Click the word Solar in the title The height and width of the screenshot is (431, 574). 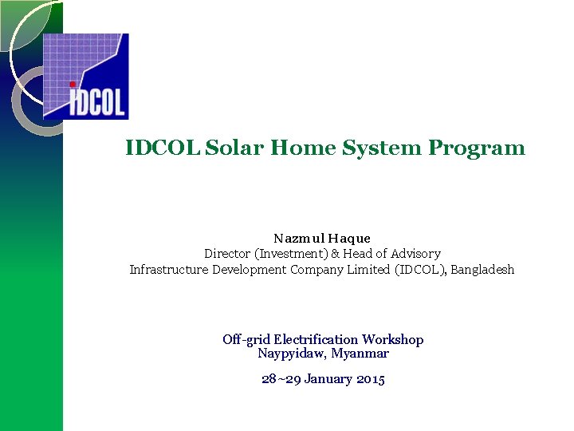(235, 148)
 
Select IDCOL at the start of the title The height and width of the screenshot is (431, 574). (163, 148)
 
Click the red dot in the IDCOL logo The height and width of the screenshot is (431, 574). (73, 83)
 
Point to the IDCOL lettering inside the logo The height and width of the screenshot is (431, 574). (97, 102)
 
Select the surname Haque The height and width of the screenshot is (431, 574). (348, 238)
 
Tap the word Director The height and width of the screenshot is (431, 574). (227, 254)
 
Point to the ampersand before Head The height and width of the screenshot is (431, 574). (336, 254)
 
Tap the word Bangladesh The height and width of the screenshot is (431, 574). (482, 270)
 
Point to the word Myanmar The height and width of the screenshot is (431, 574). (360, 353)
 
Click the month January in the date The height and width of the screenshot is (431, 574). (327, 380)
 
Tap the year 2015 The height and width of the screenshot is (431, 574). (371, 380)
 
